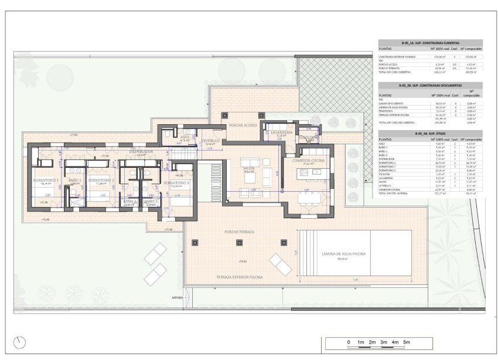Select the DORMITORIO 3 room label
click(176, 183)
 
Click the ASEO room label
click(184, 137)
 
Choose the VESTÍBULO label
click(211, 141)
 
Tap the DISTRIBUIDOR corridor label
click(141, 151)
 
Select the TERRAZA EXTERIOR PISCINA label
click(239, 276)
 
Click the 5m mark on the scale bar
click(407, 341)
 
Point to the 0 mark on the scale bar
click(348, 341)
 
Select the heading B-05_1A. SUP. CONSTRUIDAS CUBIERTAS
click(431, 43)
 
